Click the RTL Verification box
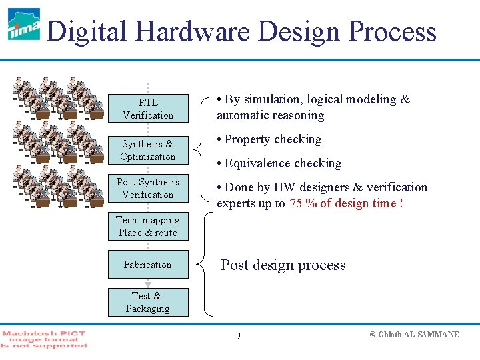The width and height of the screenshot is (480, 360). click(148, 109)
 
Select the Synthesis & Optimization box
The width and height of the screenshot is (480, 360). click(148, 150)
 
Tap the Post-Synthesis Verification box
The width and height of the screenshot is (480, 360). click(148, 188)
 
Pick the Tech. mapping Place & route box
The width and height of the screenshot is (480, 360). click(148, 226)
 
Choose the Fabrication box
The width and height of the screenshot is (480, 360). click(148, 265)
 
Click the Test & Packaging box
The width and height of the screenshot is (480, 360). click(148, 302)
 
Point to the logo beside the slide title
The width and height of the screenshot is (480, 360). click(24, 25)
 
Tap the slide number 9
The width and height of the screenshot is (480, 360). click(238, 335)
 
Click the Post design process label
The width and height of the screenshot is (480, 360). click(283, 265)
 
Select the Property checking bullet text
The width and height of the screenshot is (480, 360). click(273, 139)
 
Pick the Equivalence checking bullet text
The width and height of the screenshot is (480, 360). click(283, 163)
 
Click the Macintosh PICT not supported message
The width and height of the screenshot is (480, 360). click(44, 339)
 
